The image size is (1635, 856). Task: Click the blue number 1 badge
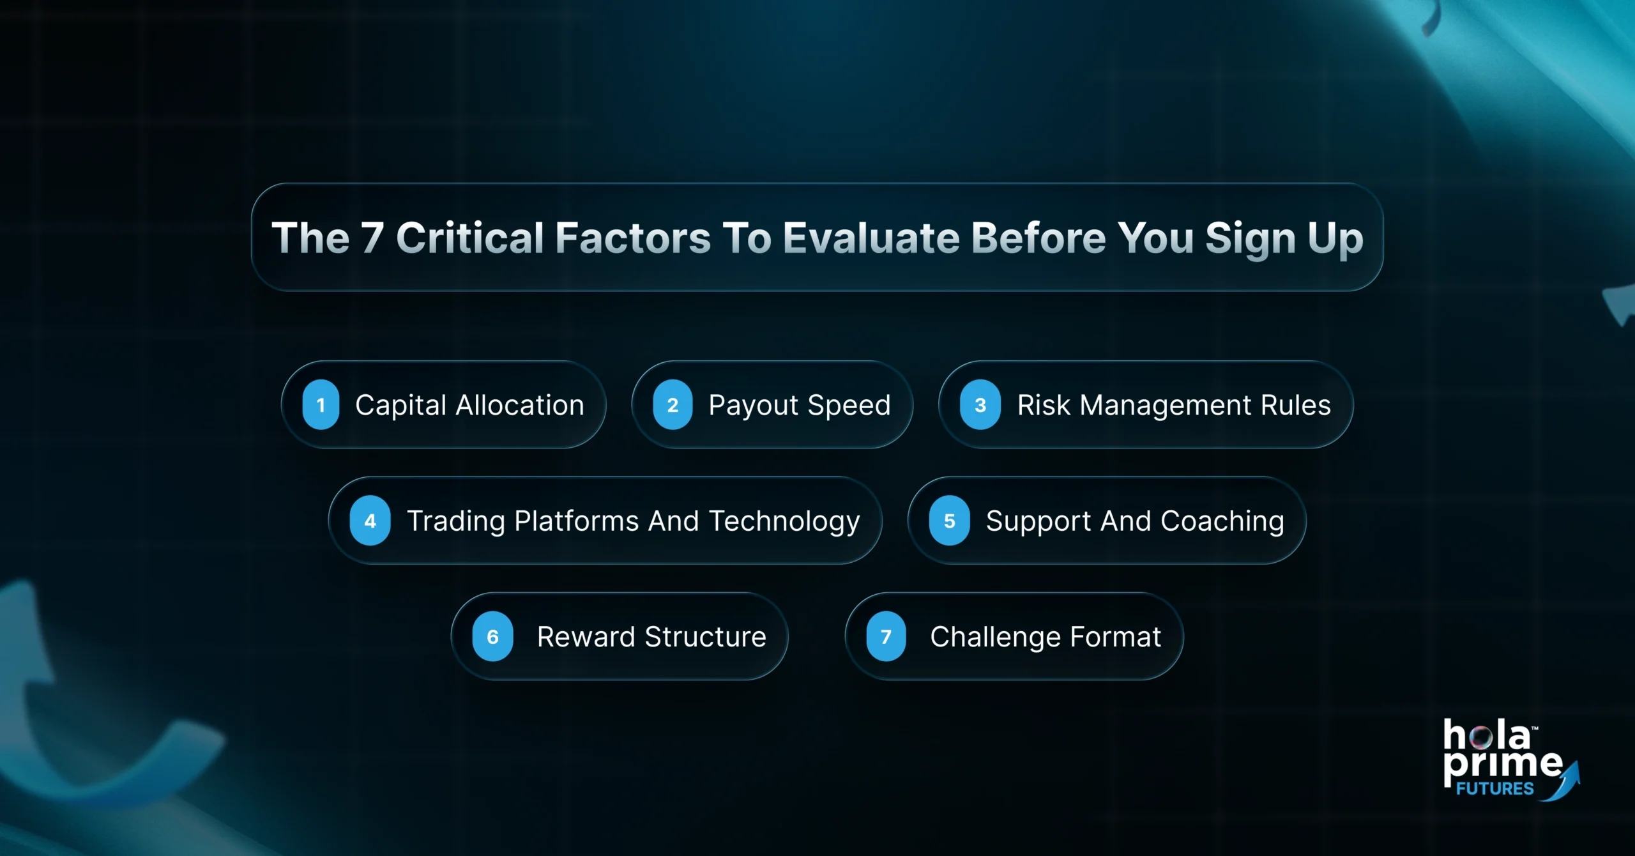[x=321, y=404]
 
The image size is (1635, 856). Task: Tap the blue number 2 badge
[x=673, y=404]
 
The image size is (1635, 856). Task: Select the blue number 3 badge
[x=980, y=404]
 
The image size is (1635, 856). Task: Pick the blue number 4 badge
[x=370, y=521]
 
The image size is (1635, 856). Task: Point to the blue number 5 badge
[x=949, y=521]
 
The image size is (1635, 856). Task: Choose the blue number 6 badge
[x=492, y=636]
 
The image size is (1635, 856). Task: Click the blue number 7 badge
[x=886, y=636]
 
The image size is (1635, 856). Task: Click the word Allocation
[x=520, y=405]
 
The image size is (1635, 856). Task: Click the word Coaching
[x=1222, y=521]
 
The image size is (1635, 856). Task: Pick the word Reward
[x=586, y=637]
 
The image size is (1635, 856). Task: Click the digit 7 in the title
[x=372, y=238]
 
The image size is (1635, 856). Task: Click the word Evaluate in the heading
[x=871, y=238]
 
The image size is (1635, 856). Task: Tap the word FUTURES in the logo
[x=1494, y=789]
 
